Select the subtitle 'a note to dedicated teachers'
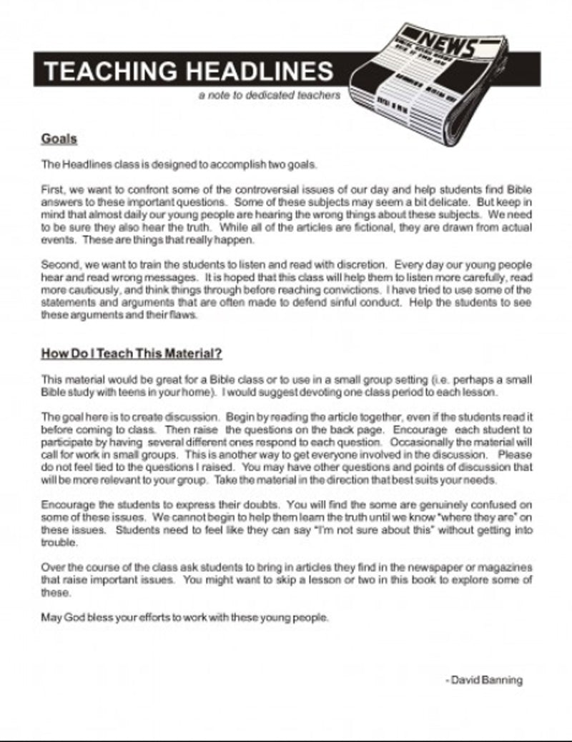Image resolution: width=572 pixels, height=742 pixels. coord(270,96)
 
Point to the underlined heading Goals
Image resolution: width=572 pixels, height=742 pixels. coord(59,139)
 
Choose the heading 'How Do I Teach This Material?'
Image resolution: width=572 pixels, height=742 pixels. coord(131,353)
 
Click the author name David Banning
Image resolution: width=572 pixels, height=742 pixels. coord(485,680)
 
